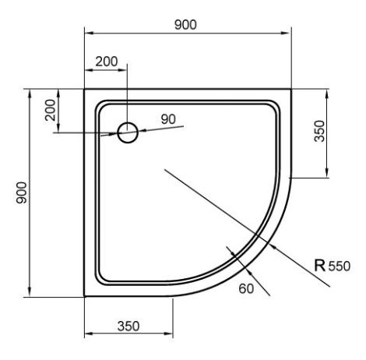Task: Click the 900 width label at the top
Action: click(185, 25)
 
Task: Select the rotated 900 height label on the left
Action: click(21, 192)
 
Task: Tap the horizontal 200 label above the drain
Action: click(107, 62)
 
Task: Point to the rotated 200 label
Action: click(50, 110)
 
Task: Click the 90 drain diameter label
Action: click(168, 119)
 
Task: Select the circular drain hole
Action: click(128, 132)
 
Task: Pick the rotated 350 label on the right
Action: click(319, 131)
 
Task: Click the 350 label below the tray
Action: click(128, 326)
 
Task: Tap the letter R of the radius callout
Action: click(320, 265)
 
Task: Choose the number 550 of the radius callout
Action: click(340, 266)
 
